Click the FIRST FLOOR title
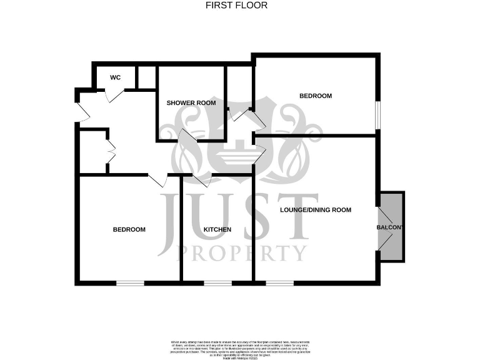[x=236, y=6]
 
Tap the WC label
[x=115, y=77]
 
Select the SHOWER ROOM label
[x=191, y=102]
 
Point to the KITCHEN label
[x=217, y=229]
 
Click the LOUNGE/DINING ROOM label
[x=316, y=210]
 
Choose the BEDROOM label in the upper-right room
[x=316, y=96]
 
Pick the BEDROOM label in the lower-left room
[x=129, y=229]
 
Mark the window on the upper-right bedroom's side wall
[x=377, y=114]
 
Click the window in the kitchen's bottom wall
[x=217, y=283]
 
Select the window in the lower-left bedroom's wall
[x=130, y=283]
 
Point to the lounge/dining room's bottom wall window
[x=279, y=283]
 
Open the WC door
[x=114, y=94]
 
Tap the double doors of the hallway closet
[x=111, y=151]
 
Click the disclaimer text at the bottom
[x=240, y=347]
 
